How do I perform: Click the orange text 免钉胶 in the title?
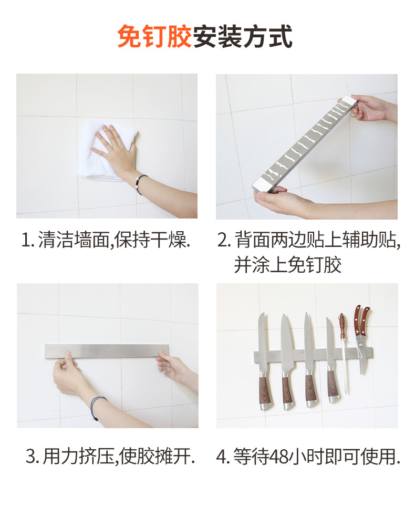[x=154, y=36]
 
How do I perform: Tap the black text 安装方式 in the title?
[x=243, y=36]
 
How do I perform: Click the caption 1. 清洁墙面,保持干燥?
[x=106, y=240]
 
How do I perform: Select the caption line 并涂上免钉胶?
[x=287, y=265]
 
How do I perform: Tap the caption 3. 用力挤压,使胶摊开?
[x=110, y=457]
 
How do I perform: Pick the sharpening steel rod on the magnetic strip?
[x=344, y=353]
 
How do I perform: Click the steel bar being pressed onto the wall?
[x=107, y=351]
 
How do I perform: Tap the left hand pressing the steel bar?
[x=68, y=373]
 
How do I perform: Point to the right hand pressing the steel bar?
[x=171, y=366]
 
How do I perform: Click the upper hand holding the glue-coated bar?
[x=369, y=108]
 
